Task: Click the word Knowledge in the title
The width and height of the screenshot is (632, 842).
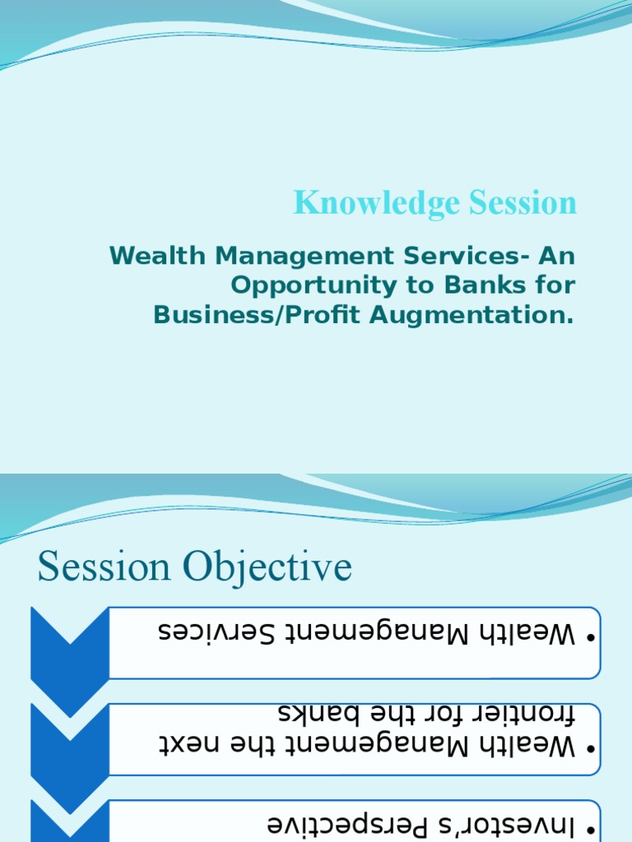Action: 359,204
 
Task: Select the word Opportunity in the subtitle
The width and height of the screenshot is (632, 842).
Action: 294,285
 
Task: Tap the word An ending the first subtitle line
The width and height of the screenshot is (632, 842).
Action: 556,256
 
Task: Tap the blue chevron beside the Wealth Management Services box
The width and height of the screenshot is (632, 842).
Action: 69,645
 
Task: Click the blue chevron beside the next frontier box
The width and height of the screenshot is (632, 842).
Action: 69,740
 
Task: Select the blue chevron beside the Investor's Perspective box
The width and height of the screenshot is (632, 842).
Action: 69,822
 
